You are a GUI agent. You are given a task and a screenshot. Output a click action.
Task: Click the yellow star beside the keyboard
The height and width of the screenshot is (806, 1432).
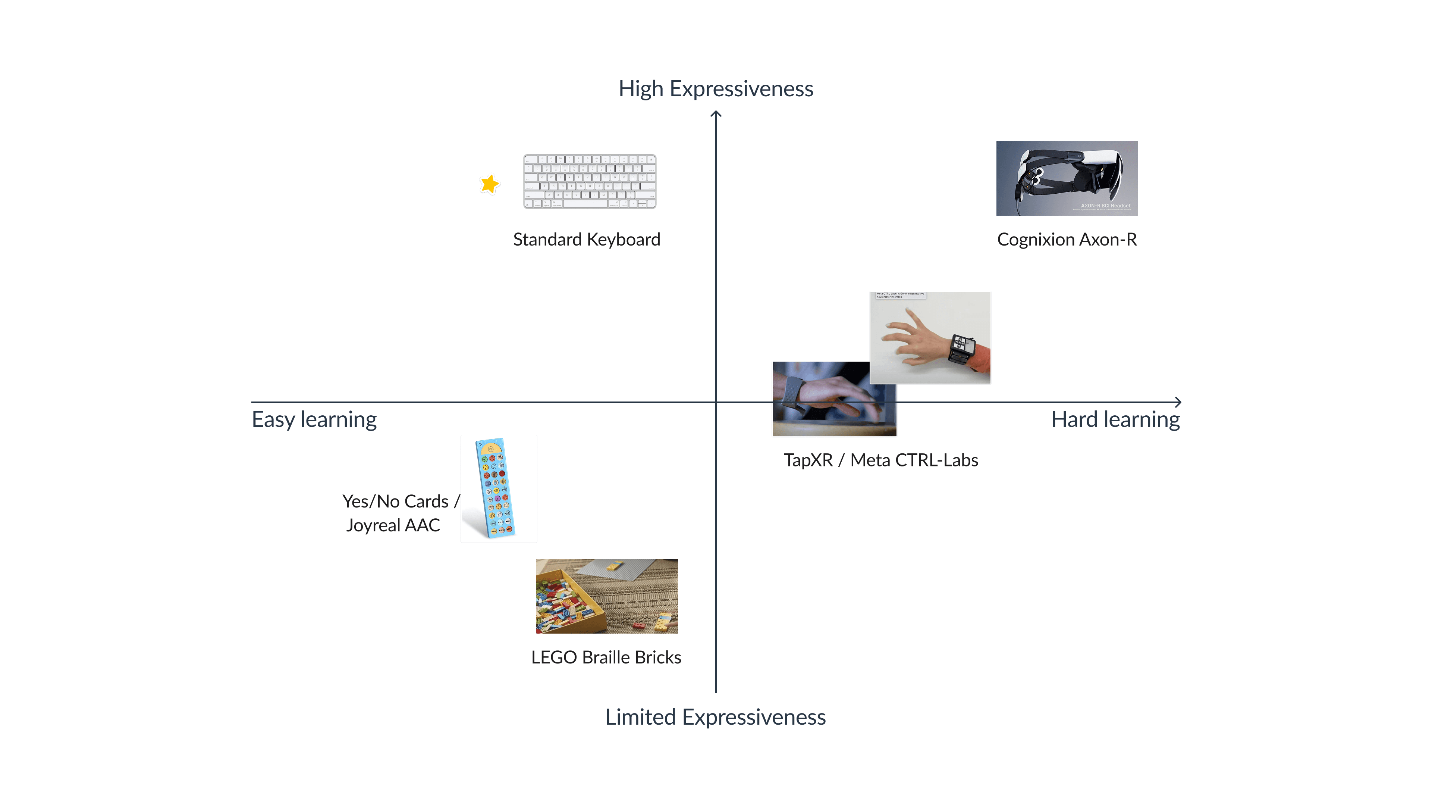490,184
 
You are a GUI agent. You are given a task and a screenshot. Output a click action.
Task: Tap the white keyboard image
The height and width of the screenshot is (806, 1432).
589,182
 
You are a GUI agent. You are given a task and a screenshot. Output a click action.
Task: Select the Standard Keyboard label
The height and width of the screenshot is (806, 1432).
587,240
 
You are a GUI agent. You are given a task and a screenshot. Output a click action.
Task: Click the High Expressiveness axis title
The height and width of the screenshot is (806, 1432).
716,89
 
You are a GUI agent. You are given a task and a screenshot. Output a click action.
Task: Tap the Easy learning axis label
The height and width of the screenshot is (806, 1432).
314,419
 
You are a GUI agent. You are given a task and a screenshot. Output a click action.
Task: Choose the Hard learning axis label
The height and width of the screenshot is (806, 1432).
1115,419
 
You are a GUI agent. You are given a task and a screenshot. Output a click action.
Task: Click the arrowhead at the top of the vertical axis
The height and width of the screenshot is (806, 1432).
716,114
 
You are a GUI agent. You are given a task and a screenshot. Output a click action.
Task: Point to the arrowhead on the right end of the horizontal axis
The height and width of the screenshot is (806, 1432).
1178,402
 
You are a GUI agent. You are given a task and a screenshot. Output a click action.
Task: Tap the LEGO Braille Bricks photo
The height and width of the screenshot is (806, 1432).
606,596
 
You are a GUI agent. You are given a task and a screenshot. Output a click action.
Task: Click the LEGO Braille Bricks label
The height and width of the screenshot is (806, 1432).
606,657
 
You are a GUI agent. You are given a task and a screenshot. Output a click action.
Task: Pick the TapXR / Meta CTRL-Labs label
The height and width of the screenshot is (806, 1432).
880,460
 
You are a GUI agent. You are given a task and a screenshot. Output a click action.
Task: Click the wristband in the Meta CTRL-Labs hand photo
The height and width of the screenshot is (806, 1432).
961,349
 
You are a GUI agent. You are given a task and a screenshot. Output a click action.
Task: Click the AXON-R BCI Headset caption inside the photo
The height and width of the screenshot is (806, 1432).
1105,206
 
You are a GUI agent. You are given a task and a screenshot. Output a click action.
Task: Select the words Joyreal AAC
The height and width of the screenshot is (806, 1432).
393,525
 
